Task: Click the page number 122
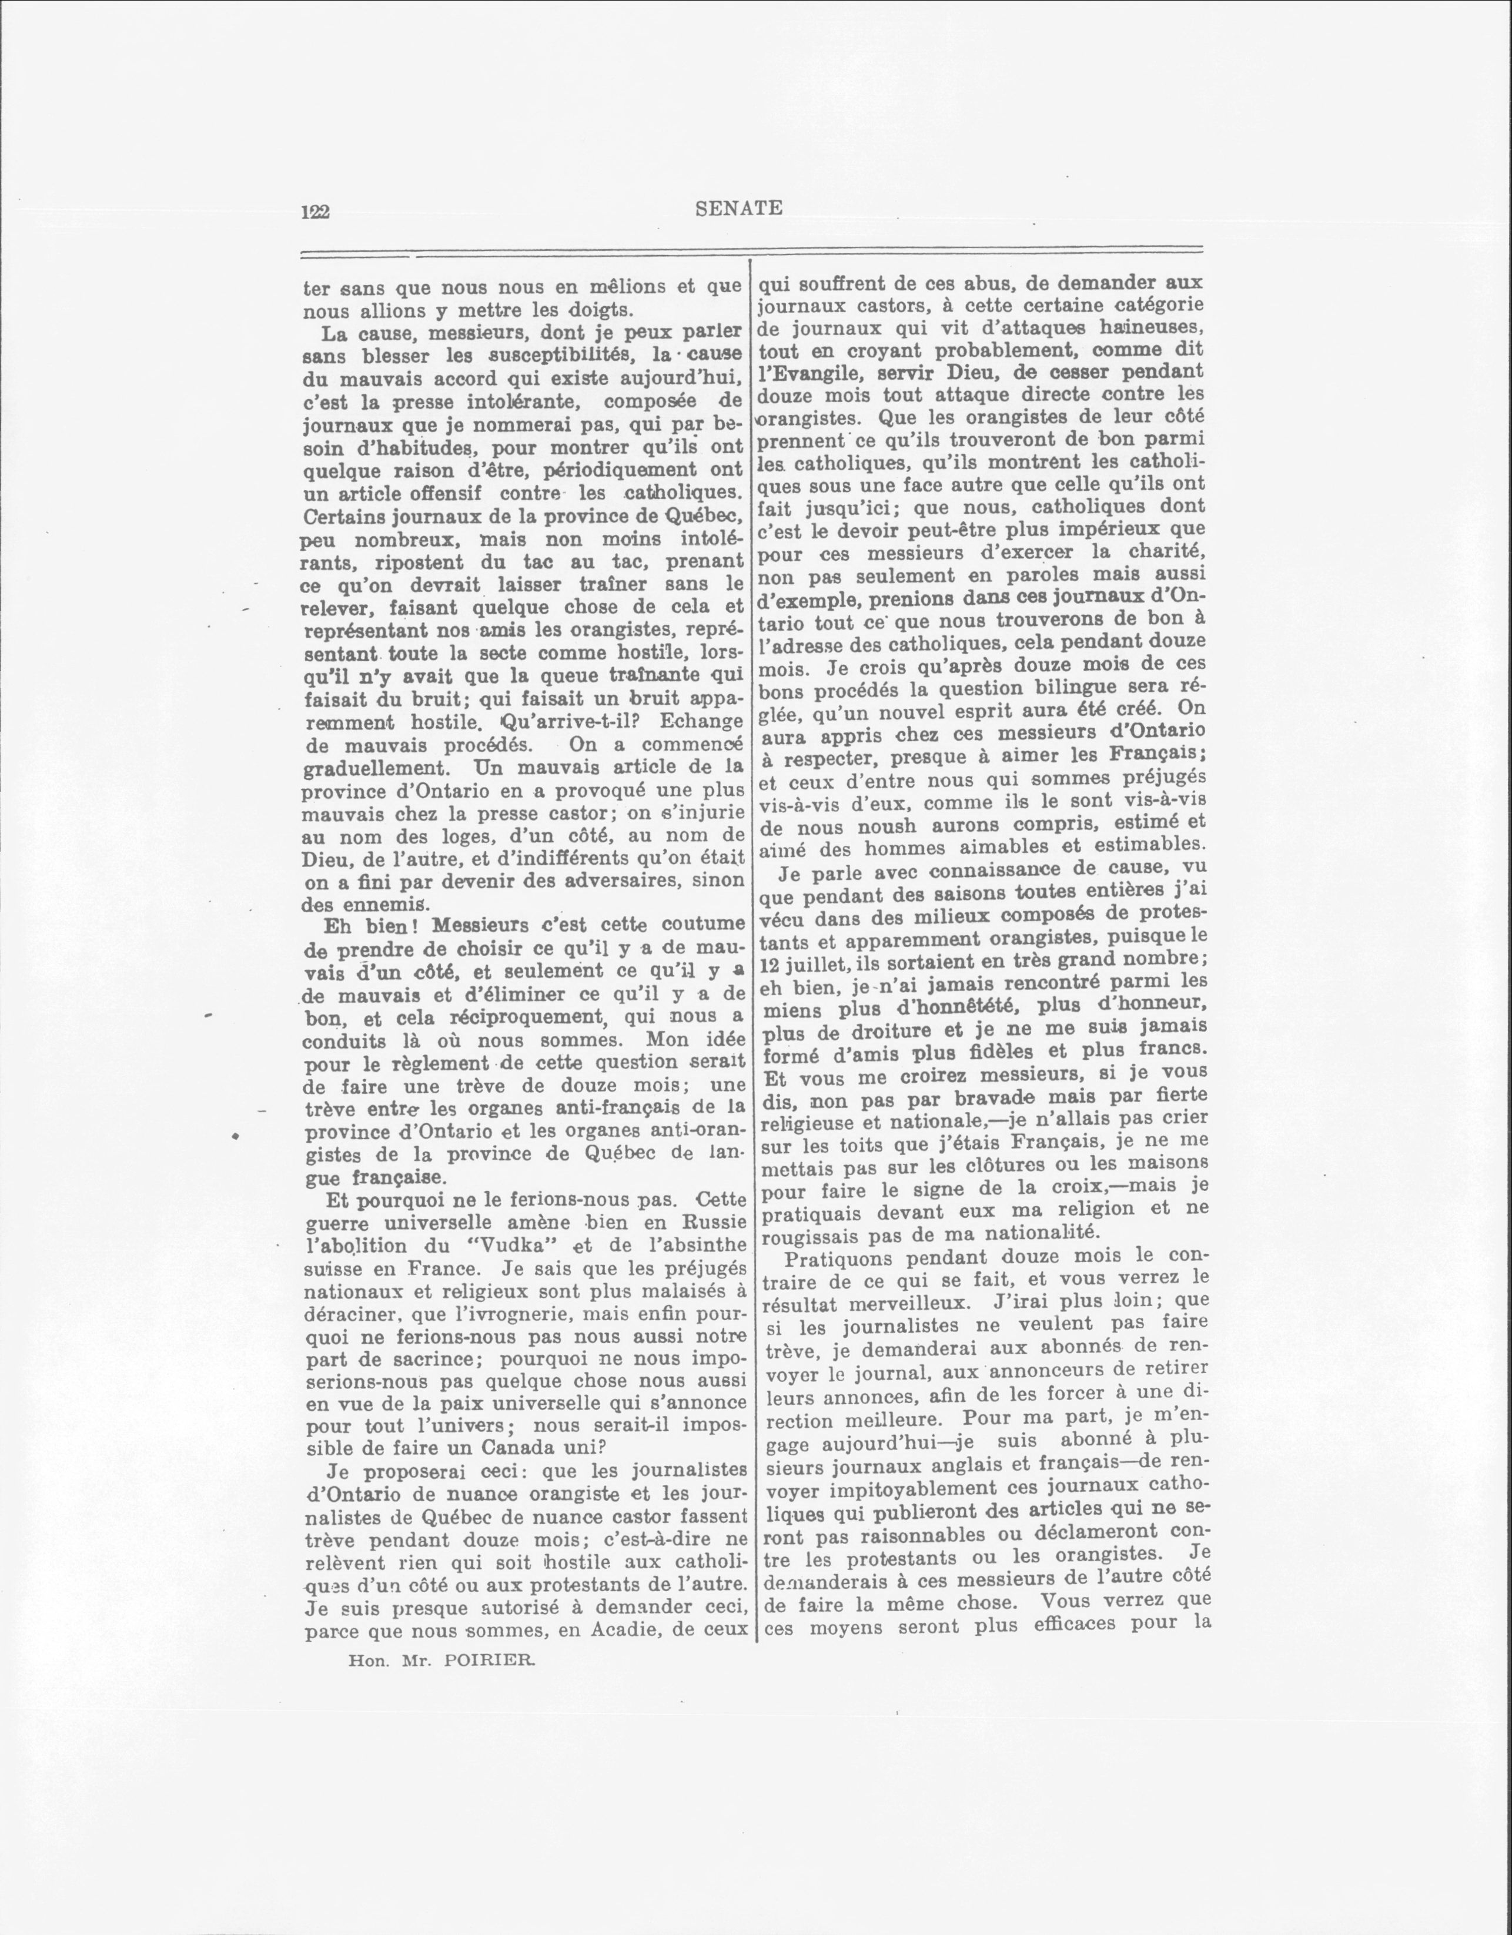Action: pyautogui.click(x=316, y=212)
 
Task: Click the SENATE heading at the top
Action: pyautogui.click(x=738, y=208)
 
